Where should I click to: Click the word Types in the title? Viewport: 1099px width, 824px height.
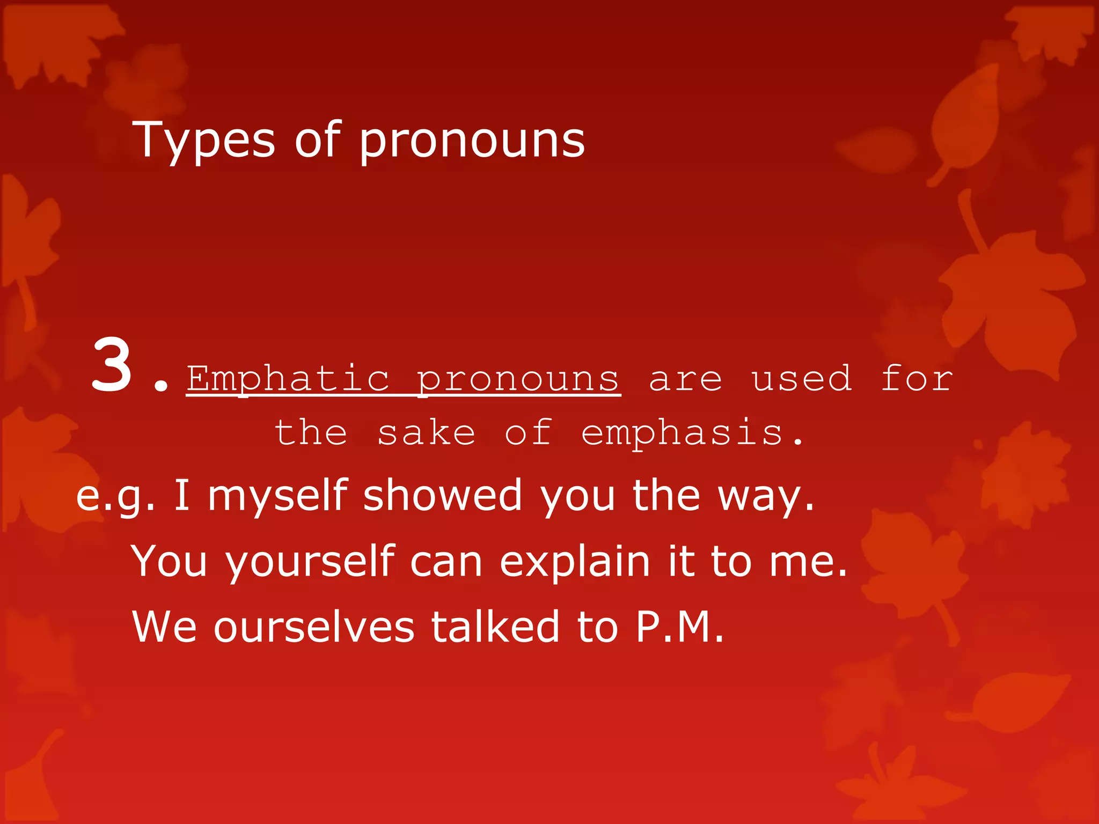(x=203, y=141)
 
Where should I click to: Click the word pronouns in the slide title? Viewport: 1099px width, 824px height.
(x=472, y=141)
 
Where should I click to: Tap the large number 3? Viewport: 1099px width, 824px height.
(x=112, y=366)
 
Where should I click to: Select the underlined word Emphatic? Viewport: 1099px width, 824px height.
(x=288, y=379)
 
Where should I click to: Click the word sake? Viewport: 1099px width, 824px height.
(x=426, y=433)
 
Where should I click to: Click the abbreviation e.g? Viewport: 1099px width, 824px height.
(x=115, y=496)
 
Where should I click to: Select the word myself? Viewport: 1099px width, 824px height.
(x=278, y=496)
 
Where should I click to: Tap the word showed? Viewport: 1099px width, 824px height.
(x=442, y=495)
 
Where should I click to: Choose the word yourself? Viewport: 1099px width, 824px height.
(x=310, y=562)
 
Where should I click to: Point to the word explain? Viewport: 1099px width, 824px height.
(x=575, y=562)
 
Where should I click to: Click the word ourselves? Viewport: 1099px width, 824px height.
(x=314, y=627)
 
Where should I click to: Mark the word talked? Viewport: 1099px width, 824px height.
(x=495, y=626)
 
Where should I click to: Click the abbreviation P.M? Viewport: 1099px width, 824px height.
(x=679, y=626)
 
